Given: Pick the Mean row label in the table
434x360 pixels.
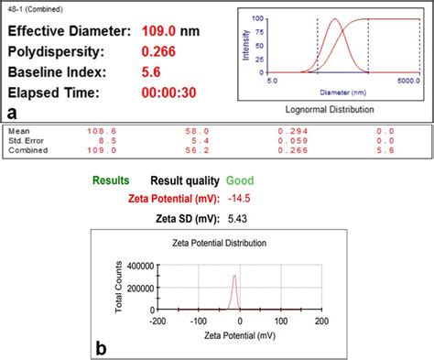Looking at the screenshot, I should coord(17,131).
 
